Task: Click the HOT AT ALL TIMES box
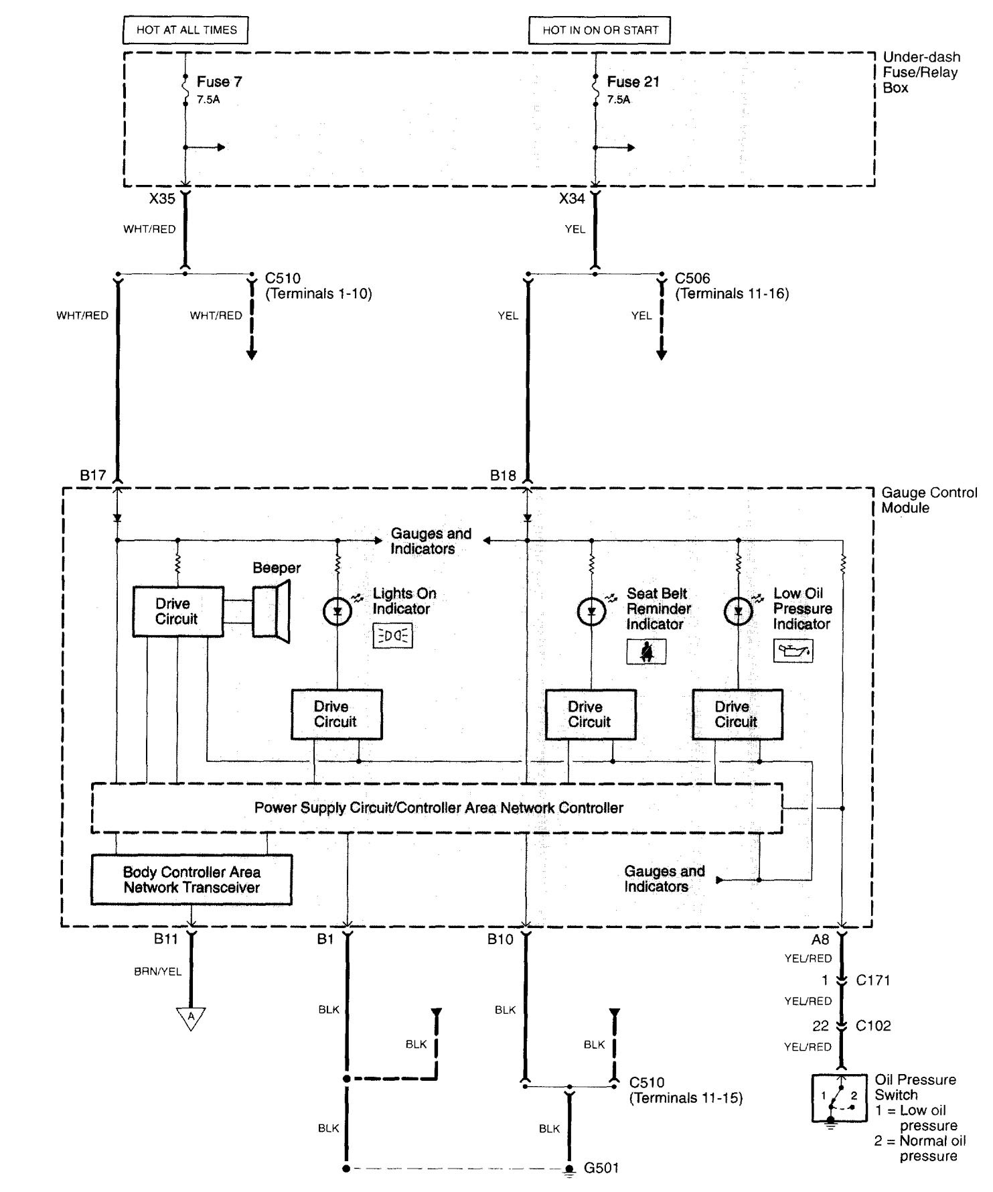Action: pos(186,30)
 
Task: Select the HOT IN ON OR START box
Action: pos(600,30)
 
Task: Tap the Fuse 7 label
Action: pos(219,82)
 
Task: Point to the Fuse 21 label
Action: pos(633,82)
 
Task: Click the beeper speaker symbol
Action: pos(272,611)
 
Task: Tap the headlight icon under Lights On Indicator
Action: pos(393,636)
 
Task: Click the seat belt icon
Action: pos(646,651)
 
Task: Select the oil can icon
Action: pos(793,651)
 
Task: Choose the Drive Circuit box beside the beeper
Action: pos(177,612)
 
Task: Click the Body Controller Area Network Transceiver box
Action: pos(192,880)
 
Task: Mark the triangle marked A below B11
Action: pos(192,1018)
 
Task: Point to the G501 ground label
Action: pos(601,1169)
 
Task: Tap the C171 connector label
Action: pos(873,980)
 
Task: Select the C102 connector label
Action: pos(873,1026)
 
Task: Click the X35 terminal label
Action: pos(162,198)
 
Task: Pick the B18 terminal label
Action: pos(503,476)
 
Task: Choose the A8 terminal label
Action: pos(820,939)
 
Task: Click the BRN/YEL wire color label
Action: pos(157,972)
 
